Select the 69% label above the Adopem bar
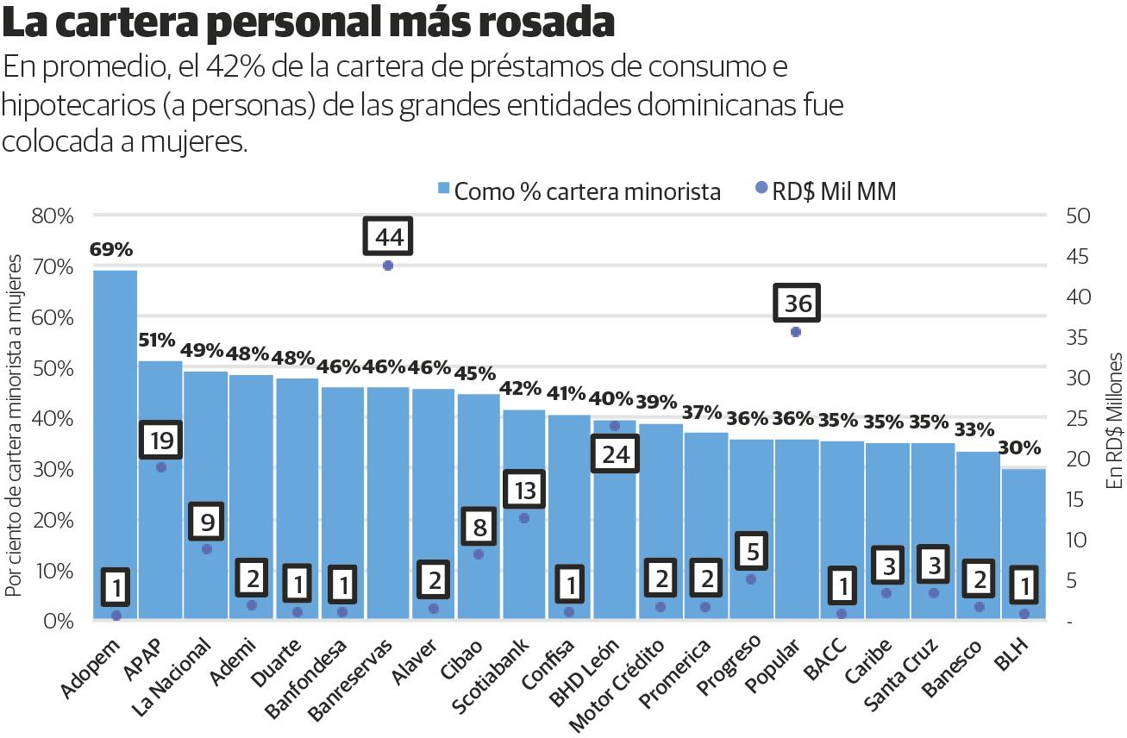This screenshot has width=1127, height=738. click(x=111, y=250)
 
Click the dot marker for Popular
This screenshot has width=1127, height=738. click(x=796, y=332)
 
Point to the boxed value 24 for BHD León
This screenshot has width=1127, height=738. click(x=616, y=454)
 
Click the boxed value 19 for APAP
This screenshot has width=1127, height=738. click(x=161, y=441)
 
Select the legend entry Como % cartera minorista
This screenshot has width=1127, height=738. click(x=579, y=191)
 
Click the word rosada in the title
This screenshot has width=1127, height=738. click(x=544, y=24)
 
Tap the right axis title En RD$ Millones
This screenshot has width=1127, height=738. click(x=1113, y=420)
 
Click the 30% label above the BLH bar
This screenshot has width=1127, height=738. click(x=1022, y=449)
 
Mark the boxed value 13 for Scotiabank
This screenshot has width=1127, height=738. click(x=524, y=491)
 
